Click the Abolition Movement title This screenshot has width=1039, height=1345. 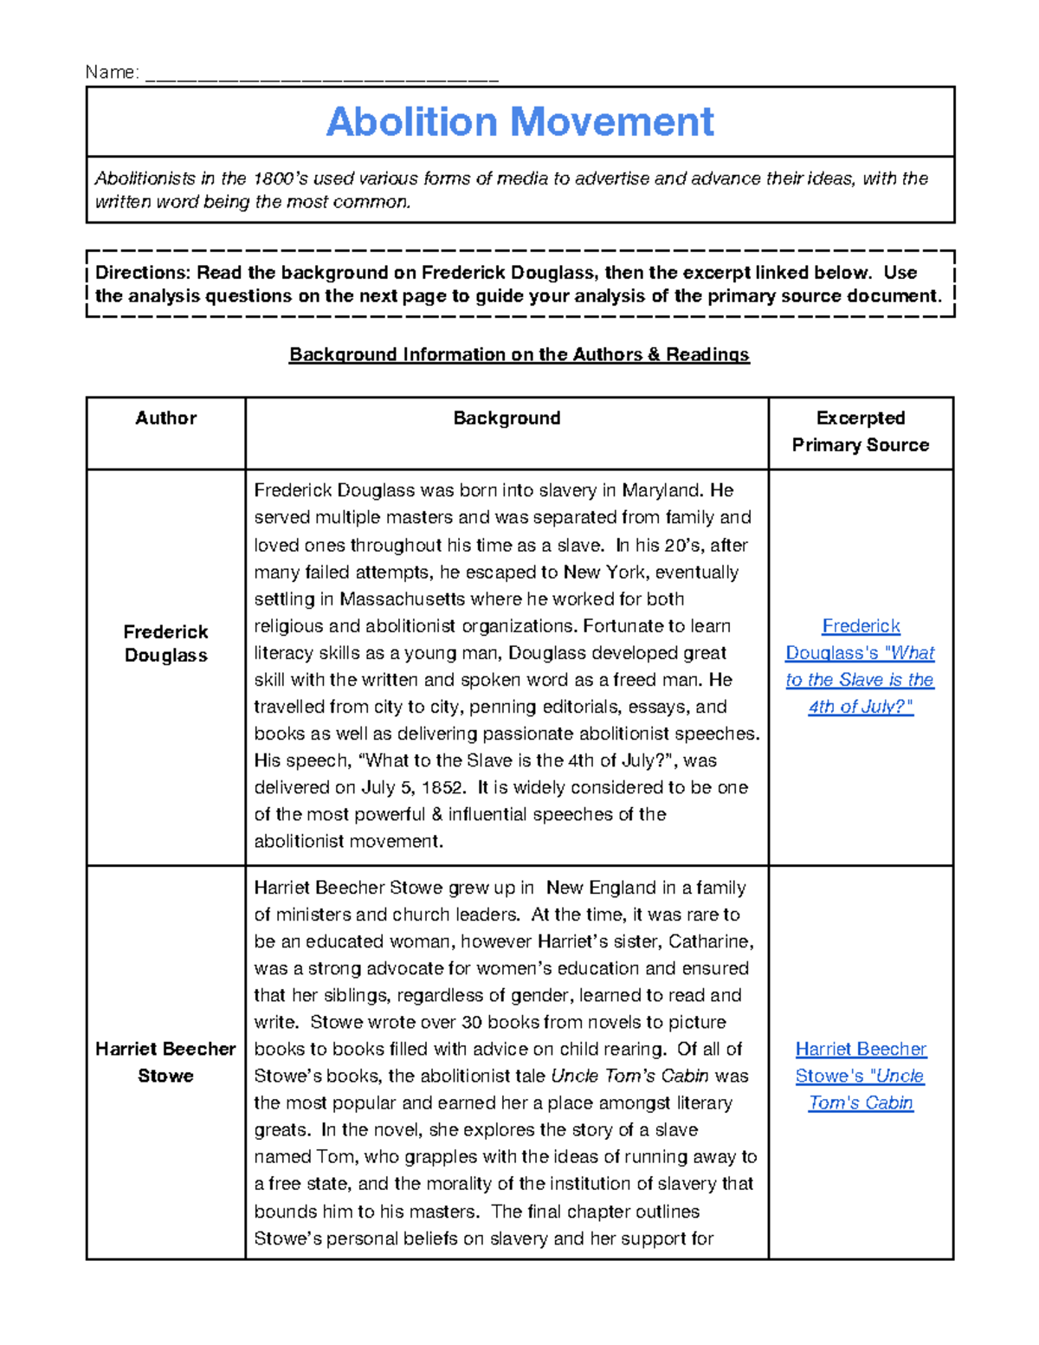[x=519, y=122]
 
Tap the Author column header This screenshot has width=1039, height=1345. [x=165, y=418]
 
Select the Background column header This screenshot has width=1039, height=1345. [x=507, y=418]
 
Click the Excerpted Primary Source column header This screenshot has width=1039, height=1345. [x=860, y=431]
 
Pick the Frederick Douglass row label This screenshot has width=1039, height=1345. [x=165, y=643]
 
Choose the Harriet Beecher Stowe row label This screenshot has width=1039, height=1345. [x=165, y=1062]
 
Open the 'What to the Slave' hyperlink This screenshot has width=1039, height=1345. [x=860, y=666]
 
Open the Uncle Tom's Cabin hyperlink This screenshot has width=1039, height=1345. [x=861, y=1076]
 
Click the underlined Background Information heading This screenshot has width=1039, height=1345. [x=519, y=354]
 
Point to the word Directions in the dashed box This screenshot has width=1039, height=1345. [x=141, y=273]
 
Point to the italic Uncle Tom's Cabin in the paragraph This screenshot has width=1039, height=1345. [x=629, y=1077]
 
